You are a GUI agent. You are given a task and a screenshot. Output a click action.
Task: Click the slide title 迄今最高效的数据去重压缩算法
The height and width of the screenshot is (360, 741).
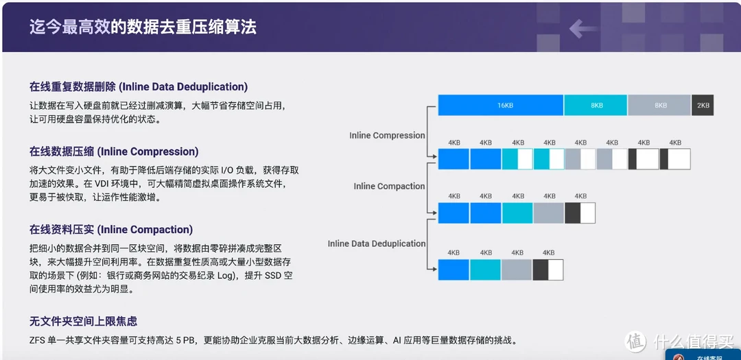(143, 27)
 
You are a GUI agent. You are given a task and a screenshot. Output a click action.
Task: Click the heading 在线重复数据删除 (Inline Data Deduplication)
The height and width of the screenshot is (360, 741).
(139, 87)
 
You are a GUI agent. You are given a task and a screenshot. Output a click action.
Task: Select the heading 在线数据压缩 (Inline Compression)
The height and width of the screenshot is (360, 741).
(114, 152)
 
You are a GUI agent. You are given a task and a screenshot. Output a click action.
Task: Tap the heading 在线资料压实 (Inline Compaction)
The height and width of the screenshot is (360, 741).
(111, 230)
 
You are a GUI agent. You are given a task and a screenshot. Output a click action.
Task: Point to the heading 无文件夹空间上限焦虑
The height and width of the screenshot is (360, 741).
(83, 322)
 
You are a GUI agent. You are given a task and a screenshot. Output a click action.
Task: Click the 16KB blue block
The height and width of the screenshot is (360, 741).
(501, 105)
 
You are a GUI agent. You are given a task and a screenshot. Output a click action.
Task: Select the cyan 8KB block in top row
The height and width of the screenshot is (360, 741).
(596, 105)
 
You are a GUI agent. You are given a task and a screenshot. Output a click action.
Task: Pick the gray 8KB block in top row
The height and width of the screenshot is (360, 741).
(660, 105)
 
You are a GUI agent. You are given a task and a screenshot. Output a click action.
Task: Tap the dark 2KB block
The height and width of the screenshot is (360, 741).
(703, 105)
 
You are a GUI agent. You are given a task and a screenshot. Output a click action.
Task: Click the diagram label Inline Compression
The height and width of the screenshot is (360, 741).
(387, 136)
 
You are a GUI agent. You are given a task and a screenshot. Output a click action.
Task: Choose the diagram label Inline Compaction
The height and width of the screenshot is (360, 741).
(389, 186)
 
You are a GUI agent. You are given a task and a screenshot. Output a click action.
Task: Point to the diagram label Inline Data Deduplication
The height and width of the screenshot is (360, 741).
(377, 244)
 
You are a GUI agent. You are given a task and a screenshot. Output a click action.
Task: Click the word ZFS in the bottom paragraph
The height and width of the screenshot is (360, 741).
(36, 340)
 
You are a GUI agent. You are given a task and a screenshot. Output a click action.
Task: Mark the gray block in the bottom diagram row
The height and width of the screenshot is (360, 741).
(517, 269)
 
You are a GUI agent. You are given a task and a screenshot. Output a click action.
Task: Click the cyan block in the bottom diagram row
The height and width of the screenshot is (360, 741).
(485, 269)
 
